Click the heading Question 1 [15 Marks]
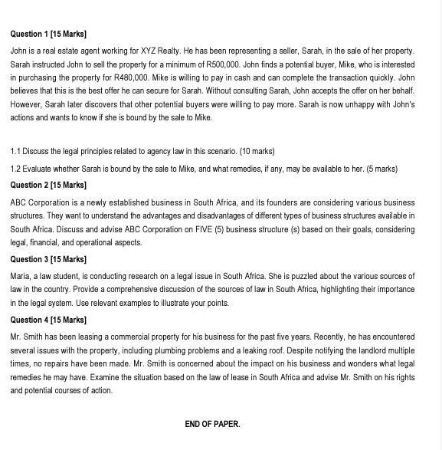(x=48, y=34)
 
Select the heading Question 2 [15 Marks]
(x=48, y=186)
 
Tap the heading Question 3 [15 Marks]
(x=48, y=259)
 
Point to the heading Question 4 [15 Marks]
(x=48, y=320)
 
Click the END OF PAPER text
(x=212, y=424)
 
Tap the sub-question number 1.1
(x=15, y=152)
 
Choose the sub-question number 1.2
(x=15, y=169)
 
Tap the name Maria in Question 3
(x=21, y=276)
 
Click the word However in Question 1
(x=28, y=104)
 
